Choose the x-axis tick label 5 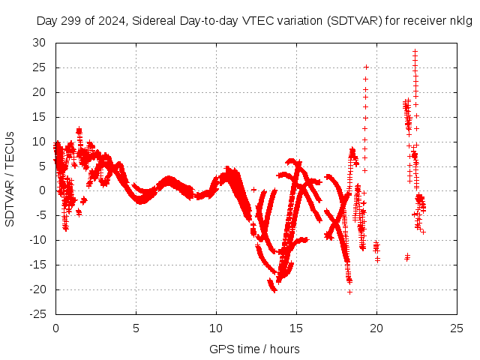click(136, 328)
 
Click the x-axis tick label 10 click(216, 328)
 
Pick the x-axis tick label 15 click(296, 328)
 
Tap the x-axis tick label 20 click(376, 328)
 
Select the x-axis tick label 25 click(457, 328)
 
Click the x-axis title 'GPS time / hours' click(254, 349)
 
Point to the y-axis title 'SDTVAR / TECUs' click(10, 179)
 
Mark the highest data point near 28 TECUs click(415, 52)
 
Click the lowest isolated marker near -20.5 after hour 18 click(349, 292)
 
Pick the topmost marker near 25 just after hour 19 click(366, 67)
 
